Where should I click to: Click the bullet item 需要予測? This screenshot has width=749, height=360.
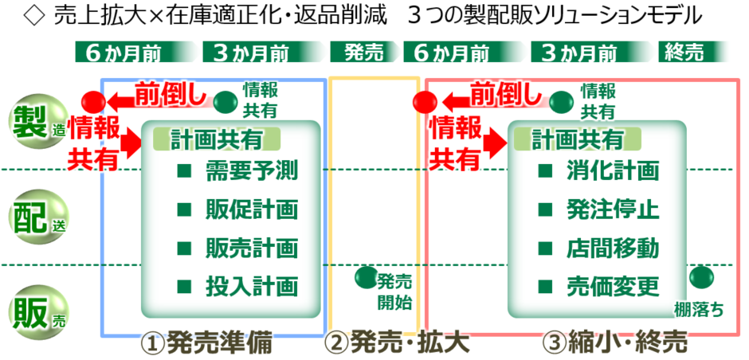237,170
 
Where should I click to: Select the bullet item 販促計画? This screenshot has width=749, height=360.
237,209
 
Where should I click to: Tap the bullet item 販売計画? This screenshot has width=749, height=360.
237,248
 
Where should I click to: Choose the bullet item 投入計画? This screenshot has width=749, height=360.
237,287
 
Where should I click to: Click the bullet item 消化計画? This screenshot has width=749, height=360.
599,170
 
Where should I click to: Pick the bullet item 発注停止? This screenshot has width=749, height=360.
599,209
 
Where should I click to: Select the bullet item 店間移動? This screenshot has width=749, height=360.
599,248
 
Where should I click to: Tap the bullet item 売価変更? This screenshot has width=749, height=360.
599,287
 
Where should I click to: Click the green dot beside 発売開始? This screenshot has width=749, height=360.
367,277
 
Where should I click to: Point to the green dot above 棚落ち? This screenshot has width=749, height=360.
702,277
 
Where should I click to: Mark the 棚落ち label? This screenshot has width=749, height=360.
698,310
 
